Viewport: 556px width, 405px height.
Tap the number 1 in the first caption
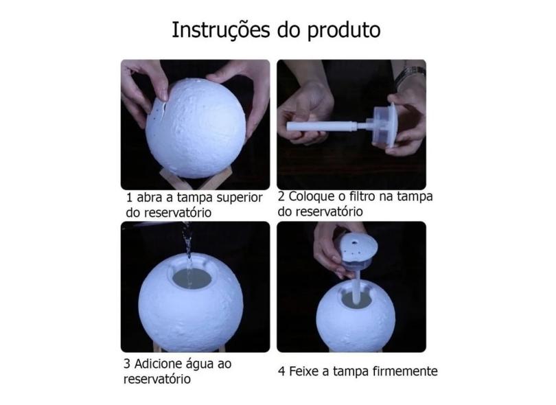tap(129, 198)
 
